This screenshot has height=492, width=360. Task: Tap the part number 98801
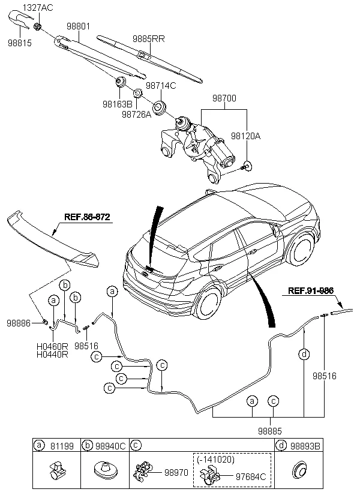point(78,26)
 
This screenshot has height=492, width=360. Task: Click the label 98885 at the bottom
point(270,431)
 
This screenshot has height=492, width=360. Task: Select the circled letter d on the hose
point(304,354)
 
